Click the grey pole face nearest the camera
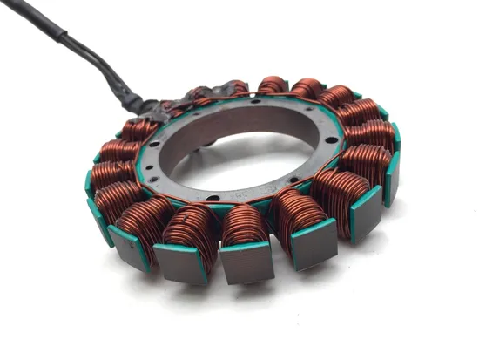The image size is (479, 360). pyautogui.click(x=246, y=262)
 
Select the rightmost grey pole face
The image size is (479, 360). pyautogui.click(x=393, y=180)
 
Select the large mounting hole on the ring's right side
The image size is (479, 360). pyautogui.click(x=324, y=144)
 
